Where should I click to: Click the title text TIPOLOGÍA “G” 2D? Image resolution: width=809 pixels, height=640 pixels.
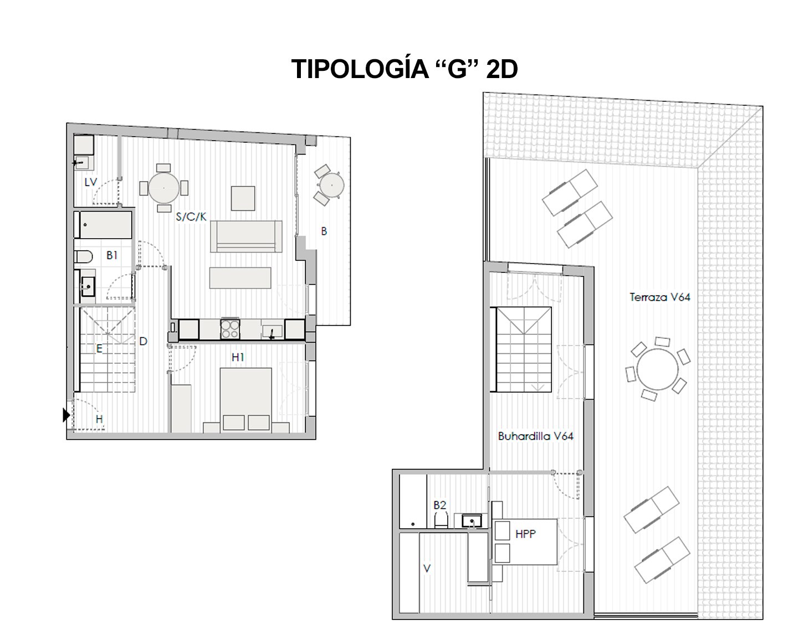tap(404, 70)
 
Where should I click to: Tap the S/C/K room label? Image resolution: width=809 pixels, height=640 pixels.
tap(191, 217)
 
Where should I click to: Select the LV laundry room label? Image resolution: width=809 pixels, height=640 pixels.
tap(90, 182)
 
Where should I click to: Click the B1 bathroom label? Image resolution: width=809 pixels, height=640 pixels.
tap(112, 255)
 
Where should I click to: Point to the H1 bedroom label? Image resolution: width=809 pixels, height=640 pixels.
tap(238, 358)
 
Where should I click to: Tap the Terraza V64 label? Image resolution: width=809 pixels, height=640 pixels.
tap(659, 297)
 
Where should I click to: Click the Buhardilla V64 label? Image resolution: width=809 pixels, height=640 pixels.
tap(535, 436)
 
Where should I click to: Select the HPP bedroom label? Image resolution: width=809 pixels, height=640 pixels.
tap(525, 534)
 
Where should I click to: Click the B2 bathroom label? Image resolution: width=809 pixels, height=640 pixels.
tap(439, 505)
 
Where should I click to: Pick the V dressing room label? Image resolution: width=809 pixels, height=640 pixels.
tap(426, 568)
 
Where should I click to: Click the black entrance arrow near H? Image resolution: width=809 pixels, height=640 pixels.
tap(66, 414)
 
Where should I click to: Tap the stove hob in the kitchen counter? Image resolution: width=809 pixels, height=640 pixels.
tap(230, 329)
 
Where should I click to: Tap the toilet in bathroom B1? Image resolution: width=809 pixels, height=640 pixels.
tap(83, 257)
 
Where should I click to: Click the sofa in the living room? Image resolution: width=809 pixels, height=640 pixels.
tap(246, 236)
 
